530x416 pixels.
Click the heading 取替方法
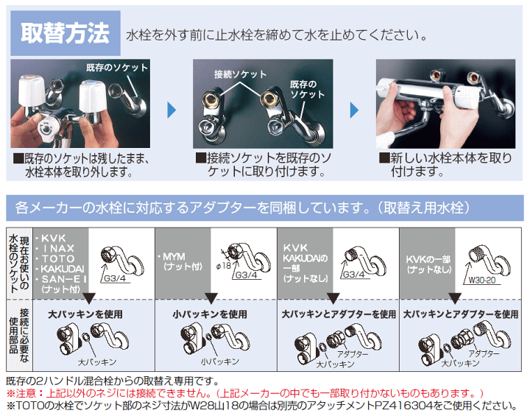pos(65,33)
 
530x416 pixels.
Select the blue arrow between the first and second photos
pos(172,111)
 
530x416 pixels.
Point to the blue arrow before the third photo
pos(355,111)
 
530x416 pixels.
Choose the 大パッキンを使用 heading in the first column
pos(84,314)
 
